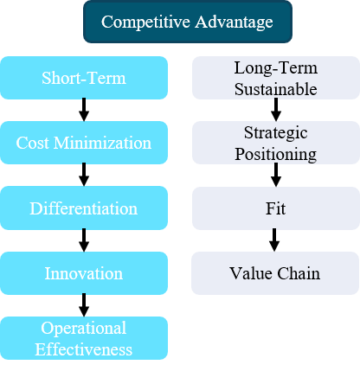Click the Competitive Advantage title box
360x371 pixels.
pos(188,22)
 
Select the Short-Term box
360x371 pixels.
pos(84,78)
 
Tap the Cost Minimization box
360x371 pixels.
pos(84,143)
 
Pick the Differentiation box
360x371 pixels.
pos(84,208)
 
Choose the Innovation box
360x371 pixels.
pos(84,273)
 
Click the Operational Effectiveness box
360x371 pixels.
pos(84,338)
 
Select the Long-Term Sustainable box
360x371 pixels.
pos(276,78)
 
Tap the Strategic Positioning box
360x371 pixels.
pos(276,143)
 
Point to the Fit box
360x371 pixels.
pos(276,208)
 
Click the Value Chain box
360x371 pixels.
pos(275,273)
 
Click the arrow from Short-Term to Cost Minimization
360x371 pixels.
pos(84,110)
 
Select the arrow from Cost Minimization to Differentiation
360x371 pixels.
pos(84,175)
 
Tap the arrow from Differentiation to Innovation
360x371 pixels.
pos(84,240)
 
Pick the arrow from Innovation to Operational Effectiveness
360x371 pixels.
pos(84,305)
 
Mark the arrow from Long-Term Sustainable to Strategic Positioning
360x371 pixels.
pos(276,110)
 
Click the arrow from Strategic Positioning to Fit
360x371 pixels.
pos(276,175)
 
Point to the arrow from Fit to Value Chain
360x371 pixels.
pos(274,240)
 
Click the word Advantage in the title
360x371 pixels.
pos(234,22)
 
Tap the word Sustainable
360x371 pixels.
pos(276,89)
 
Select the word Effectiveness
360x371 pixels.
pos(84,349)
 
